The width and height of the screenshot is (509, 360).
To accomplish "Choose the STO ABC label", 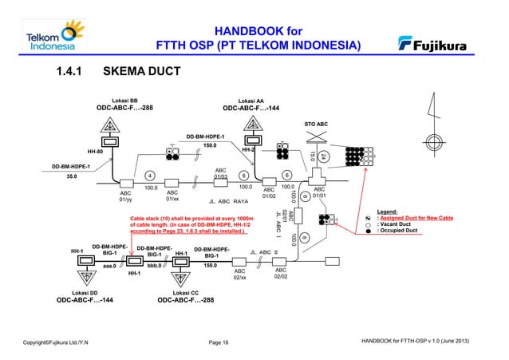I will [316, 125].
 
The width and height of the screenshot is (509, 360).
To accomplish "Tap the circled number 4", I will [149, 176].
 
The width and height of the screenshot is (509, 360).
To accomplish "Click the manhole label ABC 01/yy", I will [125, 196].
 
